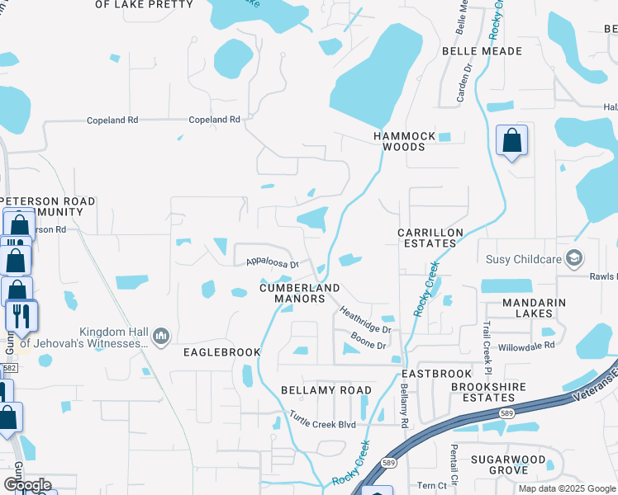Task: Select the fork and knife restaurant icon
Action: pyautogui.click(x=21, y=315)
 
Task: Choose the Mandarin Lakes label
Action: pyautogui.click(x=534, y=308)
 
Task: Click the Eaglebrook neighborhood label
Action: pyautogui.click(x=222, y=352)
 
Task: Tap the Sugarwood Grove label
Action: pyautogui.click(x=508, y=464)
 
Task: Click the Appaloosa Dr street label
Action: pyautogui.click(x=271, y=264)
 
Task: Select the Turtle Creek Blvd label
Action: pyautogui.click(x=322, y=422)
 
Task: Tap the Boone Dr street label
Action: pyautogui.click(x=368, y=340)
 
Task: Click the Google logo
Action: pyautogui.click(x=27, y=485)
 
